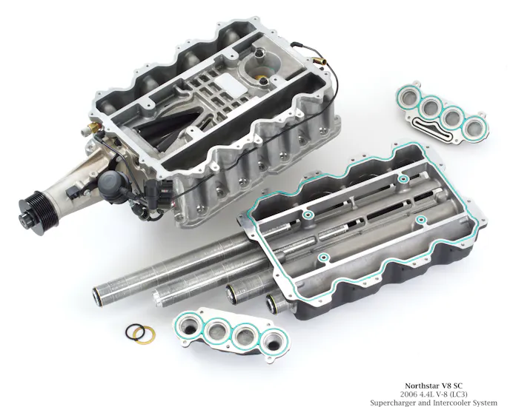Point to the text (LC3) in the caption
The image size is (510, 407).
[x=458, y=394]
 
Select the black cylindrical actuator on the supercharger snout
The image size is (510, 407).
[x=110, y=183]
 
